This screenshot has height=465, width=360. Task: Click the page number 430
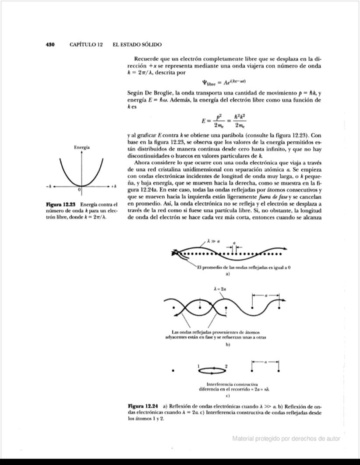pyautogui.click(x=50, y=45)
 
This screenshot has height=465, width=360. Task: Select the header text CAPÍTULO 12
pyautogui.click(x=86, y=45)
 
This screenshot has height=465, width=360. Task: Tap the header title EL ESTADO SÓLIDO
pyautogui.click(x=137, y=45)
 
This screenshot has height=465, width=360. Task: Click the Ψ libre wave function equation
pyautogui.click(x=223, y=82)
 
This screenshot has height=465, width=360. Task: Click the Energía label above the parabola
pyautogui.click(x=82, y=148)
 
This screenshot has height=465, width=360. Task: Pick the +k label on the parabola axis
pyautogui.click(x=113, y=187)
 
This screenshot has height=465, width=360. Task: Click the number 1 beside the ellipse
pyautogui.click(x=198, y=366)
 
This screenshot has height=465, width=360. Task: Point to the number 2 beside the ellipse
pyautogui.click(x=226, y=366)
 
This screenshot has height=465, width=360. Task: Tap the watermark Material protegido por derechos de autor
pyautogui.click(x=286, y=438)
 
